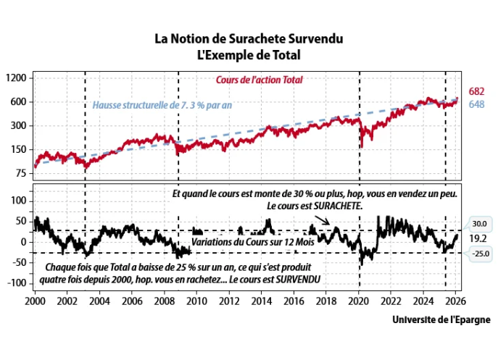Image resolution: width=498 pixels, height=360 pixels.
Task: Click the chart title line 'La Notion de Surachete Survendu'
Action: point(249,38)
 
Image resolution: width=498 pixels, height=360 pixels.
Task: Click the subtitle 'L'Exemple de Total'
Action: point(249,54)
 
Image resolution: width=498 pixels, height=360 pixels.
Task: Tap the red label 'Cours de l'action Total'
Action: point(260,80)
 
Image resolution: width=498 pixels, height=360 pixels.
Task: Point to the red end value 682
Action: point(477,91)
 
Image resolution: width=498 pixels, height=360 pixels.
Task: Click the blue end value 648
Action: point(477,105)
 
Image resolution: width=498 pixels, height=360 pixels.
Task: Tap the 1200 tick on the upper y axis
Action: point(16,78)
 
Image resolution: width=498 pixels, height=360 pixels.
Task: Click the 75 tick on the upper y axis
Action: point(20,174)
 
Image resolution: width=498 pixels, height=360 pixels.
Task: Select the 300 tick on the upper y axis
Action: point(18,126)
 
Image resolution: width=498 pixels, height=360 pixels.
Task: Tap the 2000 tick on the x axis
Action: point(36,300)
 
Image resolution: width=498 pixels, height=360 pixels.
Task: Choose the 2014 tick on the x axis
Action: point(260,300)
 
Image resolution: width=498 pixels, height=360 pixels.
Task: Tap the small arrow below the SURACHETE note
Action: point(323,219)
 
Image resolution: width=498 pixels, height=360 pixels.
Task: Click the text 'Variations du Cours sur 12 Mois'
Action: point(252,242)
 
